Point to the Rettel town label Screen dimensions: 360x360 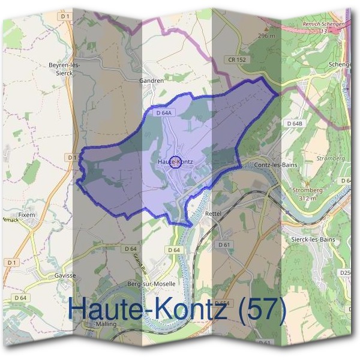213,213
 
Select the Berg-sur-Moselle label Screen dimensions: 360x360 147,283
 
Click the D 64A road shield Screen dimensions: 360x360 164,112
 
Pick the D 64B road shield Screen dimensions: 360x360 293,123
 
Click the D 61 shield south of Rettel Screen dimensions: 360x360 224,245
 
